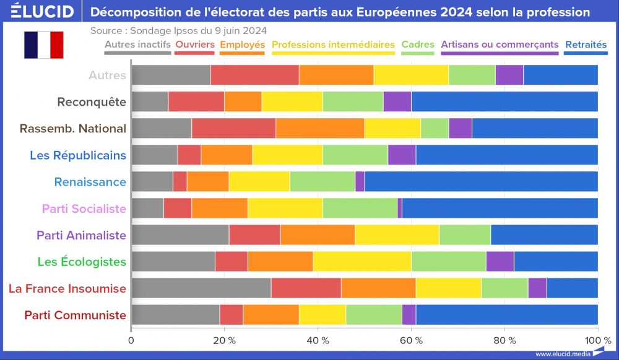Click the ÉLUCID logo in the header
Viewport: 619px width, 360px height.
pos(42,12)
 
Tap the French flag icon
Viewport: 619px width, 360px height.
pos(43,45)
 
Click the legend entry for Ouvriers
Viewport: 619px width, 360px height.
pos(195,45)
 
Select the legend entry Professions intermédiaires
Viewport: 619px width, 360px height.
pos(333,45)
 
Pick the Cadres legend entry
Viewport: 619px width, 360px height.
pos(418,45)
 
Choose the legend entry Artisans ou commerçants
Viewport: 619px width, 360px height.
pos(500,45)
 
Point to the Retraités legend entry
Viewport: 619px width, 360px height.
pos(586,45)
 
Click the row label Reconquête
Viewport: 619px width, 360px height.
pos(92,102)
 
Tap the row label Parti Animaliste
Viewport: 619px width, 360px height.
pos(81,235)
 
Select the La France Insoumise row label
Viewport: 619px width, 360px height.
pos(67,288)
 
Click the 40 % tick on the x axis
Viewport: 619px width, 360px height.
pos(318,340)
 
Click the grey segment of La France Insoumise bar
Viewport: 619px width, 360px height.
pos(201,288)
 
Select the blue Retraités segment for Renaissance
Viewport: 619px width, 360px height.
pos(481,182)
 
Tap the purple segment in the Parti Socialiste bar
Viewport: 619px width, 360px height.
pos(400,208)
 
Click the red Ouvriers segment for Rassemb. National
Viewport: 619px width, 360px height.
pos(234,129)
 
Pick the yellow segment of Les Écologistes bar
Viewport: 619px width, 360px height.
pos(361,262)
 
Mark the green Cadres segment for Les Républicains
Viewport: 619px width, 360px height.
pos(355,155)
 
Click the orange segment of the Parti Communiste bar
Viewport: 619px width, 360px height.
pos(271,315)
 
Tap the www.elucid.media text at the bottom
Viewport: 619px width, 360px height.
pos(562,354)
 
